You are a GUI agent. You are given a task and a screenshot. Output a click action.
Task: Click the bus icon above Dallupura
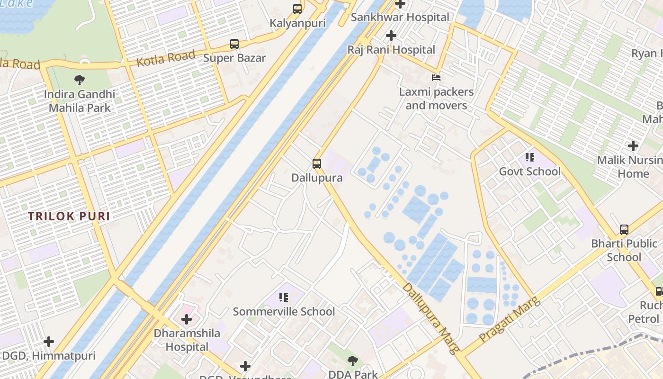click(317, 164)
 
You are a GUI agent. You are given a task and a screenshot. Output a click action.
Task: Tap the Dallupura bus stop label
click(317, 178)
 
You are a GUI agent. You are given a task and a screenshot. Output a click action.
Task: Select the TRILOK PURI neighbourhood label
click(69, 217)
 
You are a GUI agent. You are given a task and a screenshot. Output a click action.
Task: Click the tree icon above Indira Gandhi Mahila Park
click(80, 80)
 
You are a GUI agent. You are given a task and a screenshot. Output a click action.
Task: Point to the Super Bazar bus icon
click(234, 44)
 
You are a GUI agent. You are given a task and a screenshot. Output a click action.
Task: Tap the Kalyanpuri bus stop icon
click(297, 9)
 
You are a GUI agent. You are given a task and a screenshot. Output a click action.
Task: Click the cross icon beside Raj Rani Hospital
click(391, 36)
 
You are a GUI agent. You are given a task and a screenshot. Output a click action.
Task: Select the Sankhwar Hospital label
click(400, 18)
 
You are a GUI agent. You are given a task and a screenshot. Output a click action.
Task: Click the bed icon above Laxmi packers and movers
click(436, 77)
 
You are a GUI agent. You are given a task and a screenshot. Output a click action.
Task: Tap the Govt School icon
click(529, 157)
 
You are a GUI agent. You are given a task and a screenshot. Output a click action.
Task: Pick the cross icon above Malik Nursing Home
click(633, 146)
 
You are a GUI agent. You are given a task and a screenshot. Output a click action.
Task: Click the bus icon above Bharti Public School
click(624, 230)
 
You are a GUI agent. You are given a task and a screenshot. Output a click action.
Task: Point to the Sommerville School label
click(284, 312)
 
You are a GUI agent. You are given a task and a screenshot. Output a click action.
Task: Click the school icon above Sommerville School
click(284, 298)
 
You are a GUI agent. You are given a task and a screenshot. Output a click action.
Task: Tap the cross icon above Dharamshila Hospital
click(187, 319)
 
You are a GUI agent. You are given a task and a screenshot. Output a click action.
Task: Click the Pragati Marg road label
click(510, 320)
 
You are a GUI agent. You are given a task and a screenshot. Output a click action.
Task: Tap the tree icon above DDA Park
click(353, 361)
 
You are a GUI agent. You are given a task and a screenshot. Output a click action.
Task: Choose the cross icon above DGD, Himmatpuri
click(49, 342)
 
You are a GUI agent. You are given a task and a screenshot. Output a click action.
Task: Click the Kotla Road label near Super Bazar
click(166, 58)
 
